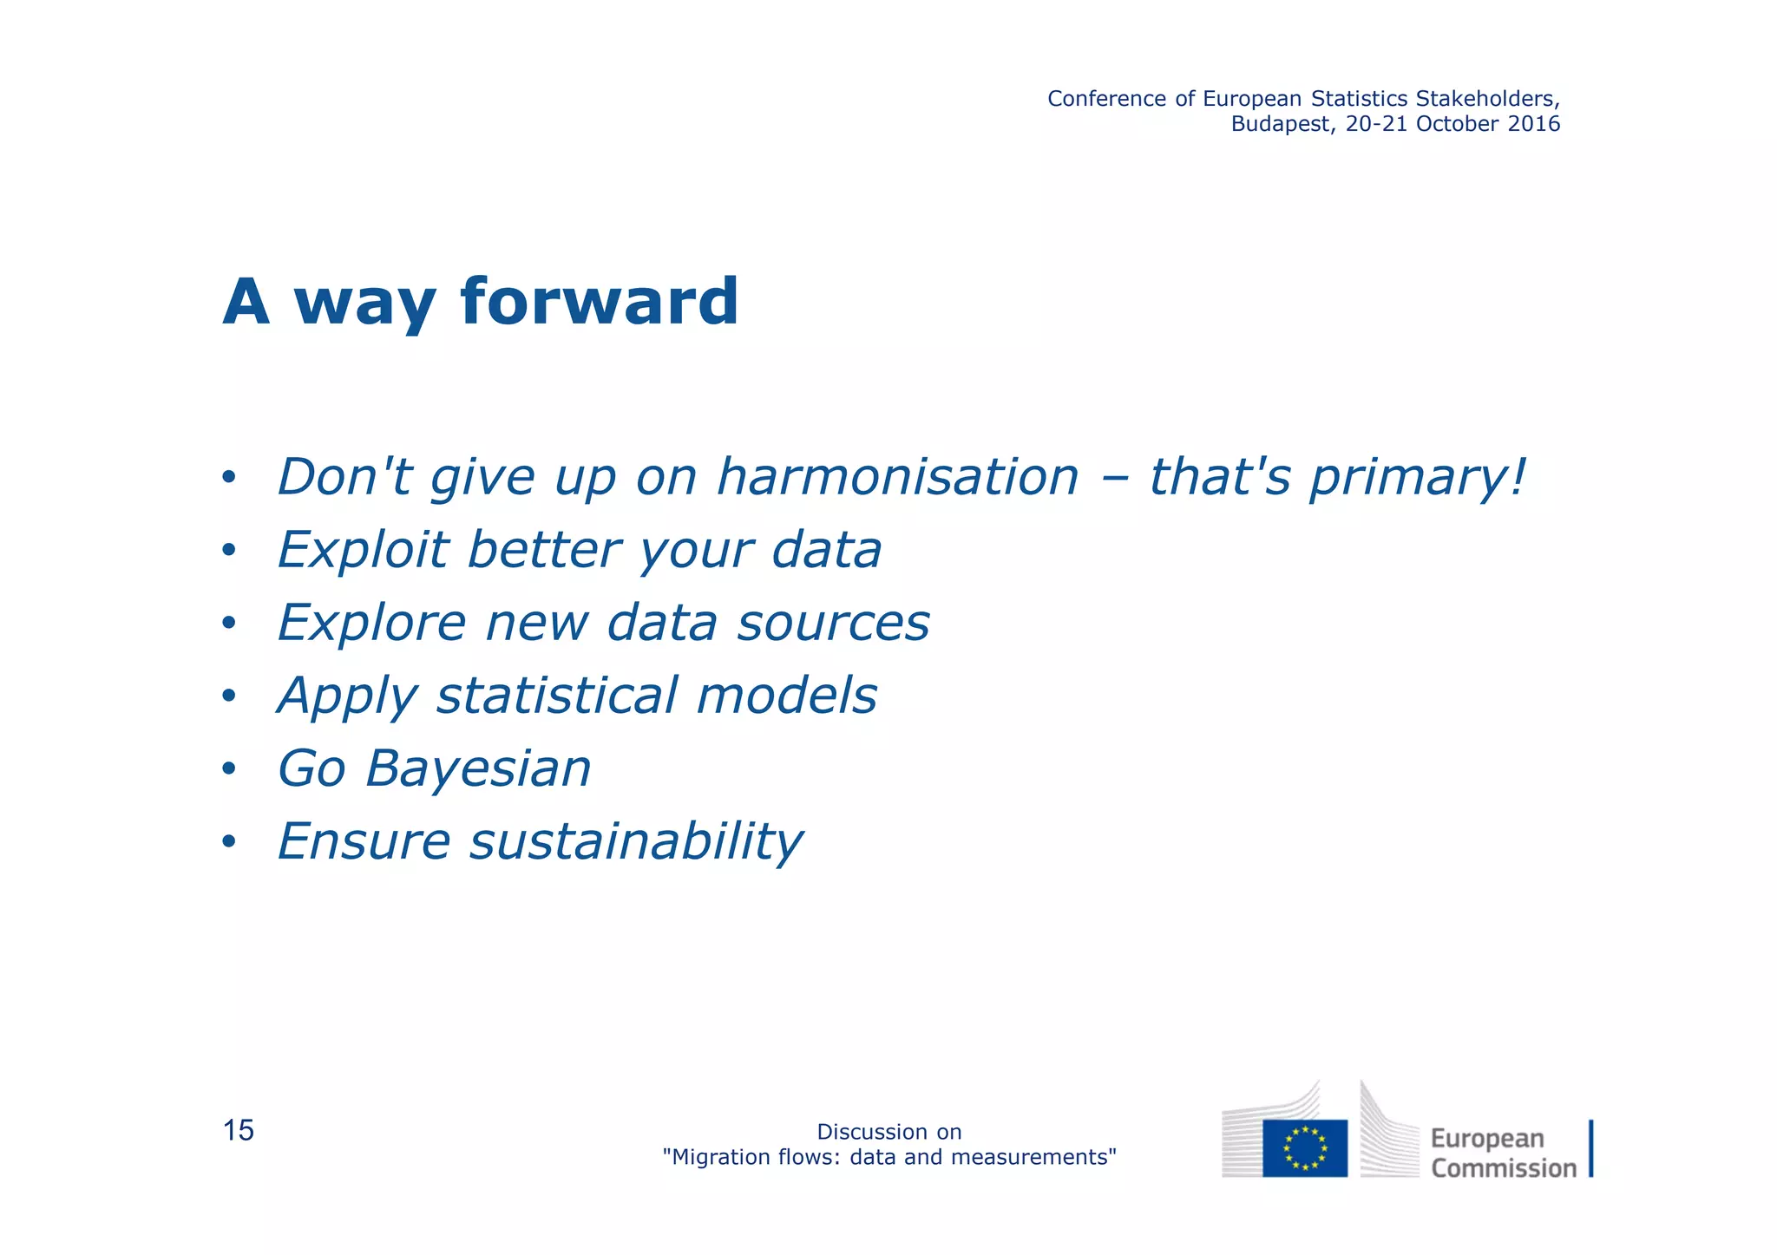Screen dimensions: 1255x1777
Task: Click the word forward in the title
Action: [599, 302]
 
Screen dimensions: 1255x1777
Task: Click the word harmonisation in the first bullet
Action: [897, 477]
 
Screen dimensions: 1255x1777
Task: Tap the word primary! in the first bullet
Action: [1416, 477]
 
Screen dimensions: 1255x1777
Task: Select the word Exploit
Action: [363, 550]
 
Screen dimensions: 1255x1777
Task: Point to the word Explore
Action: [371, 623]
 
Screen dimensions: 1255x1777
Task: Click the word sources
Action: [833, 623]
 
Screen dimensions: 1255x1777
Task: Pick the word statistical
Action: [556, 696]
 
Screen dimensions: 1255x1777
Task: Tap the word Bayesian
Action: [478, 768]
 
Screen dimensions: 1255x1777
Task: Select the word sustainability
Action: [636, 841]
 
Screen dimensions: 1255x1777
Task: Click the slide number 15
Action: [239, 1131]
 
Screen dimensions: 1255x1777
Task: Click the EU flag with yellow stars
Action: [1304, 1147]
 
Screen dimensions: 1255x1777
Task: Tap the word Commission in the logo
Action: [1503, 1168]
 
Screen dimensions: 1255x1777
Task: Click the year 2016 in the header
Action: [1533, 124]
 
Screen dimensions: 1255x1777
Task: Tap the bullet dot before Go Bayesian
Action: [228, 768]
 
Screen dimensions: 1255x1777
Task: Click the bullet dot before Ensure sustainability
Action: [228, 841]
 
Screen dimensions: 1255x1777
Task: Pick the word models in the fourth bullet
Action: [786, 696]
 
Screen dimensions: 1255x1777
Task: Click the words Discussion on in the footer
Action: [888, 1132]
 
